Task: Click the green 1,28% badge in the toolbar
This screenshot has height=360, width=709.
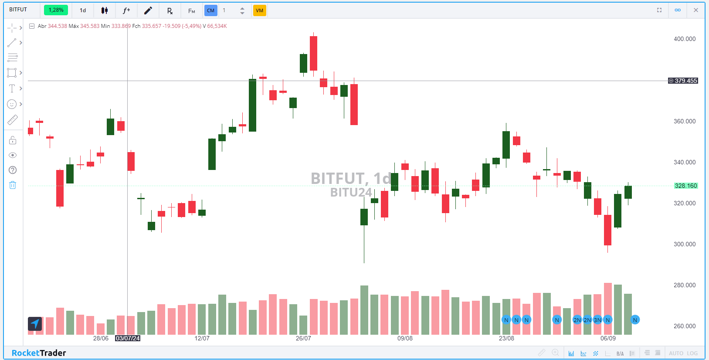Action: (x=56, y=10)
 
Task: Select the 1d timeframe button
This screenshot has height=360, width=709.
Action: (x=83, y=10)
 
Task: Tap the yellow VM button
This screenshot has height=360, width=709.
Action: (x=259, y=10)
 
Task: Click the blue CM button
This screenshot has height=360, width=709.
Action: (x=211, y=10)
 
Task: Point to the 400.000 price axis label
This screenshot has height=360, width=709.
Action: (x=684, y=39)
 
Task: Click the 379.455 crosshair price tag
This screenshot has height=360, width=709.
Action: (x=683, y=81)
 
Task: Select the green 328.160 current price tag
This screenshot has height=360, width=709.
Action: (x=685, y=186)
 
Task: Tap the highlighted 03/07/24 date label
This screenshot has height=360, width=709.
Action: (x=128, y=338)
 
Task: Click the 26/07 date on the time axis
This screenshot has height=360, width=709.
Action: (x=303, y=338)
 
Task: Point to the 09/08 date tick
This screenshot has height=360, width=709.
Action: (x=405, y=338)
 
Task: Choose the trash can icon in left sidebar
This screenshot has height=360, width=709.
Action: (x=13, y=185)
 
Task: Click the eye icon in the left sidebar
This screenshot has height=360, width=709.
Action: (x=13, y=155)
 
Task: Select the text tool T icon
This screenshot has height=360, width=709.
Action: (x=12, y=88)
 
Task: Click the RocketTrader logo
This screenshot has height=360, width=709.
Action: (x=39, y=353)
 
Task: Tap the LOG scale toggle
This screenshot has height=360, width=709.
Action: (x=692, y=353)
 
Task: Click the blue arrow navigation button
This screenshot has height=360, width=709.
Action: (x=35, y=323)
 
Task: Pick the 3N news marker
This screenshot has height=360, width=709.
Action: (x=597, y=320)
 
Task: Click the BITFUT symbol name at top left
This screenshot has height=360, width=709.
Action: (x=18, y=10)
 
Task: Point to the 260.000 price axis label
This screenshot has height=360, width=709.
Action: (x=684, y=326)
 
